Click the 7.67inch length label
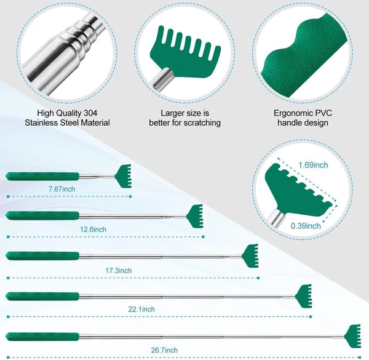tap(62, 189)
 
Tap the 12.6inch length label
tap(93, 230)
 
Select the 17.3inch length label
tap(118, 271)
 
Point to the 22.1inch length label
tap(141, 309)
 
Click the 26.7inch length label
tap(164, 350)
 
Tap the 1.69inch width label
tap(313, 165)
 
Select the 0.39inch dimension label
tap(306, 226)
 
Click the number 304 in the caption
tap(90, 113)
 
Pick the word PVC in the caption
tap(323, 113)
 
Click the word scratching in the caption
tap(202, 123)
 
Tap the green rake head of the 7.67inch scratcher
tap(123, 176)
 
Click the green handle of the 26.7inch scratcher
tap(42, 337)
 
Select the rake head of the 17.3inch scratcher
tap(250, 256)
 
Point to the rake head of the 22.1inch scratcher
tap(304, 296)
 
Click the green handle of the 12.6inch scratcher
tap(42, 215)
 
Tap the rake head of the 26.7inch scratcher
tap(353, 336)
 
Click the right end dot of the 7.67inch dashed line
tap(130, 196)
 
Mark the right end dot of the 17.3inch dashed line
tap(258, 278)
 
